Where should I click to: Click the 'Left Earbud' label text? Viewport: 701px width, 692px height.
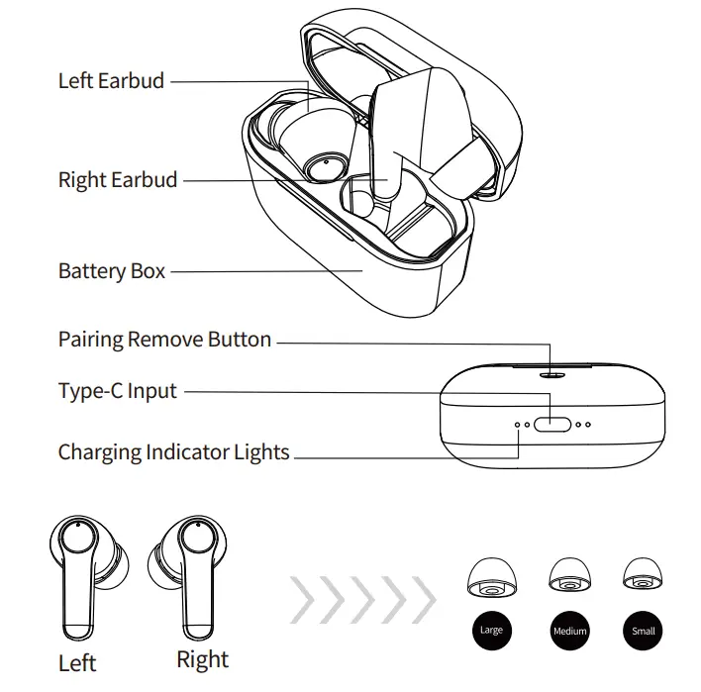(111, 81)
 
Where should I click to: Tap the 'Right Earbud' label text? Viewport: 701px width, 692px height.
(118, 180)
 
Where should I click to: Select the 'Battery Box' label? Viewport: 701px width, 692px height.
(112, 270)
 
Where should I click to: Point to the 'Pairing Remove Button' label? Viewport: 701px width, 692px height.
(164, 340)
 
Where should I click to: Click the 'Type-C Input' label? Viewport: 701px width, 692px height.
(118, 391)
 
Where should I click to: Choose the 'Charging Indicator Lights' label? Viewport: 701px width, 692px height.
(174, 452)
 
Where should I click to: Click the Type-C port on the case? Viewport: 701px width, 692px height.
(551, 424)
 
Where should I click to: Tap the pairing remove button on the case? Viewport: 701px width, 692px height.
(551, 375)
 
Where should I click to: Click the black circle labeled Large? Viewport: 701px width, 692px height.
(491, 631)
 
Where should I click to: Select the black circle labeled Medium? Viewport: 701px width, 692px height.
(569, 631)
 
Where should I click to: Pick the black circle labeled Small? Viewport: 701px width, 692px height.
(643, 631)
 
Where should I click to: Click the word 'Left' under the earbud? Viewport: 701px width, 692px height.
(77, 662)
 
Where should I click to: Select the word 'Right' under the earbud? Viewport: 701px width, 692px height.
(202, 659)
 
